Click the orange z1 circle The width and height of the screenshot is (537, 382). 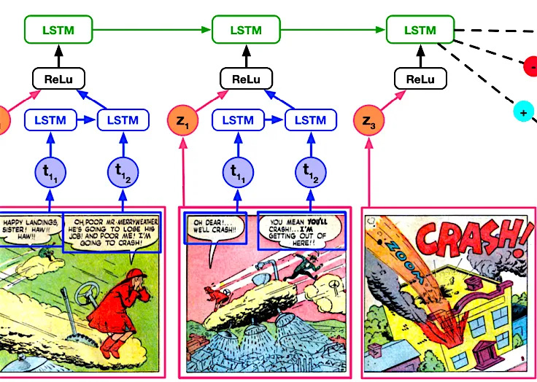tap(182, 120)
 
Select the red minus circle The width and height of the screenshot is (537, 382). tap(531, 68)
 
